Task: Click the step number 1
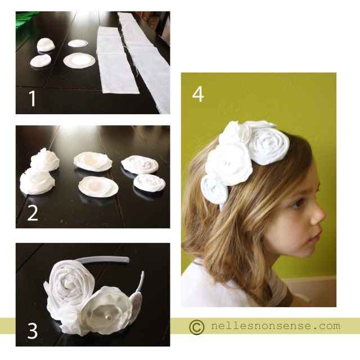tap(33, 98)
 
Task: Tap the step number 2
tap(33, 213)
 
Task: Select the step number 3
tap(33, 331)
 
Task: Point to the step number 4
tap(198, 94)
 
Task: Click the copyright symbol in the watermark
tap(197, 327)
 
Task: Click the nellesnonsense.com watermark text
tap(276, 326)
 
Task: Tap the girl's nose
tap(320, 216)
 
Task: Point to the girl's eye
tap(297, 203)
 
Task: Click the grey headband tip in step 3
tap(126, 260)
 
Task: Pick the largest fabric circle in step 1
tap(79, 60)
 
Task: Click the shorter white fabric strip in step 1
tap(116, 61)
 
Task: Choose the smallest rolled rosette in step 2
tap(149, 182)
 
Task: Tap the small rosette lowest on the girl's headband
tap(214, 190)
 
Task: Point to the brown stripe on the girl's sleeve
tap(281, 290)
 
